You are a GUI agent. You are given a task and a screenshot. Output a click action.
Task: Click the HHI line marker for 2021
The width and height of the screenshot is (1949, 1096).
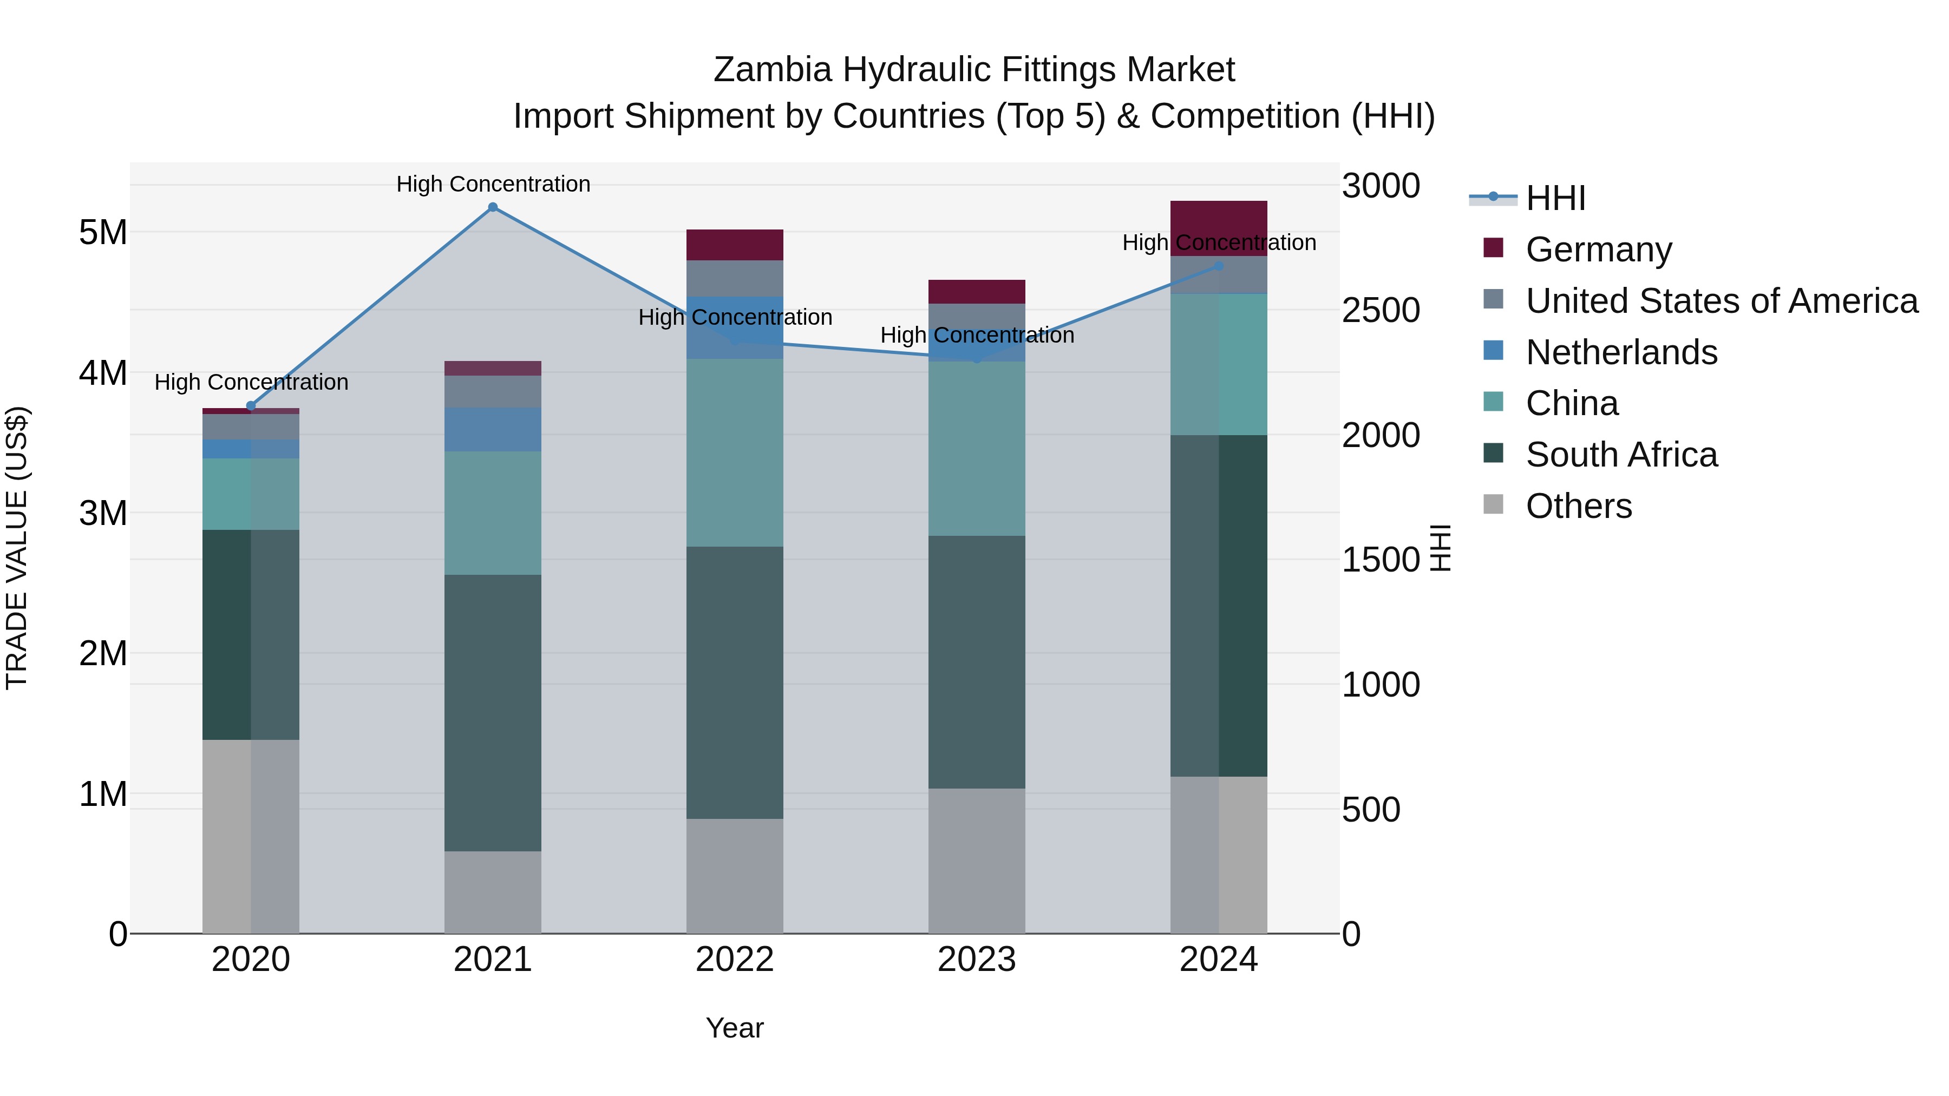coord(493,207)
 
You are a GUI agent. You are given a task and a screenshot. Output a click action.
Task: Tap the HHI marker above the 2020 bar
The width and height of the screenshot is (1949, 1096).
coord(251,406)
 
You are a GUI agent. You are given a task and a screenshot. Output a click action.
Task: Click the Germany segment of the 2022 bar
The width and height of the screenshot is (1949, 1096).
coord(734,245)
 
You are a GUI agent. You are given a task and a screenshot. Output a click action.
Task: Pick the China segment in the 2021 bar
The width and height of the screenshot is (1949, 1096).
coord(493,513)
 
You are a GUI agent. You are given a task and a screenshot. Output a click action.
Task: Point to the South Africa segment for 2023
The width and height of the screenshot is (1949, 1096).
coord(976,662)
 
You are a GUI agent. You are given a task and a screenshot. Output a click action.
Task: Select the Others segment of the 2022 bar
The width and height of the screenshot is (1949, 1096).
coord(734,875)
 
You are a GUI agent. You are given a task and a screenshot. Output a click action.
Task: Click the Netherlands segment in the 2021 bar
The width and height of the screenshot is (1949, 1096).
coord(493,429)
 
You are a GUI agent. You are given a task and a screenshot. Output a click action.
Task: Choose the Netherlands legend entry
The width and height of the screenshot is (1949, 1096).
coord(1620,352)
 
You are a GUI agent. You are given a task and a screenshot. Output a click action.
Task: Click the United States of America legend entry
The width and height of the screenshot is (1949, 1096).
coord(1721,301)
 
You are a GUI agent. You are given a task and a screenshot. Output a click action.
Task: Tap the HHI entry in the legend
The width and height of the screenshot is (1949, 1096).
coord(1555,198)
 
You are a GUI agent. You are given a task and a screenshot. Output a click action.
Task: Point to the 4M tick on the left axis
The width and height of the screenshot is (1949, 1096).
coord(103,373)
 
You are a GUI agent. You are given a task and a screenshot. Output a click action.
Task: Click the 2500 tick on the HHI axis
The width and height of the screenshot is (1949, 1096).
coord(1381,311)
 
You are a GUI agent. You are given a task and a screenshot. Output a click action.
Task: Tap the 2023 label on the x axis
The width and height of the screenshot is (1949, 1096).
coord(976,960)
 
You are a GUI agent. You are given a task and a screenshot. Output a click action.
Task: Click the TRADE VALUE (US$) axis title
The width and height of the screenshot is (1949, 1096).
coord(17,548)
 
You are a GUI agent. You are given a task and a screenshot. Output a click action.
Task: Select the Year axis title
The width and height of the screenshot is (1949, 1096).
coord(734,1028)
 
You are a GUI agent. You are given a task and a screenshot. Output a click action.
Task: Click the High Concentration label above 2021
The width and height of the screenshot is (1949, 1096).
coord(493,184)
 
